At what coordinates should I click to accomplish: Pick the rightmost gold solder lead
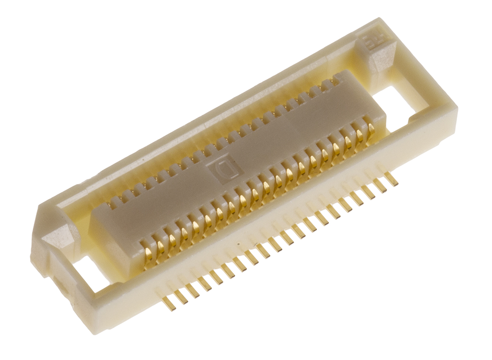tap(390, 178)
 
